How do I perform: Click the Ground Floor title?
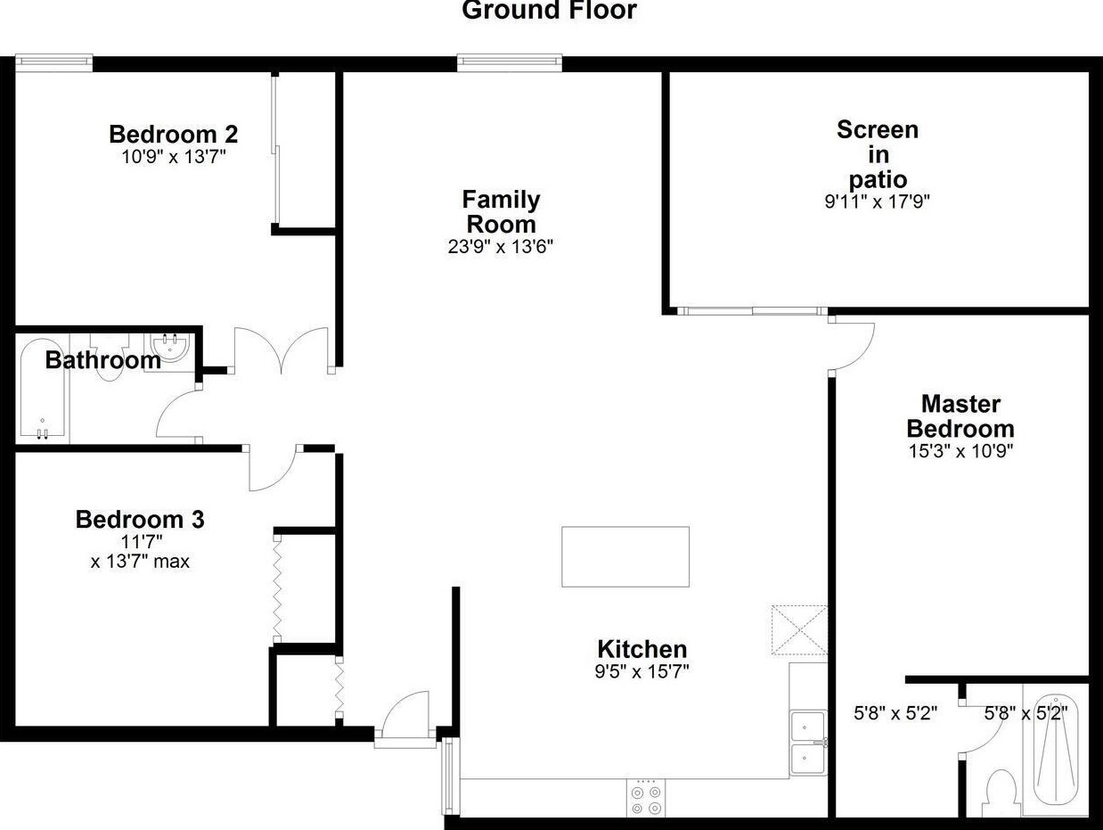(x=549, y=11)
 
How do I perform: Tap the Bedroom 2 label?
(x=173, y=135)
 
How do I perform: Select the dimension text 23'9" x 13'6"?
(x=500, y=246)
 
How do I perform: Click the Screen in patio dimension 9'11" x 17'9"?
(x=877, y=201)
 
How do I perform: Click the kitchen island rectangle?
(x=625, y=556)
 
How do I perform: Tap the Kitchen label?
(x=641, y=649)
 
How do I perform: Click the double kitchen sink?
(x=808, y=742)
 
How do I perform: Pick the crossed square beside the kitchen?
(x=799, y=631)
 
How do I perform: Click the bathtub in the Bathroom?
(x=42, y=390)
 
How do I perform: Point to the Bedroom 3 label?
(x=140, y=519)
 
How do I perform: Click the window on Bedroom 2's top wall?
(x=54, y=62)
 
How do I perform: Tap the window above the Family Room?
(x=510, y=62)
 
